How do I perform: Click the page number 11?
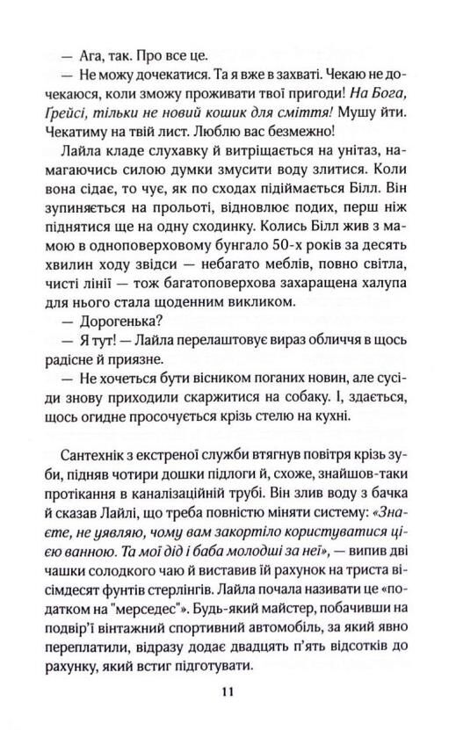[227, 691]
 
